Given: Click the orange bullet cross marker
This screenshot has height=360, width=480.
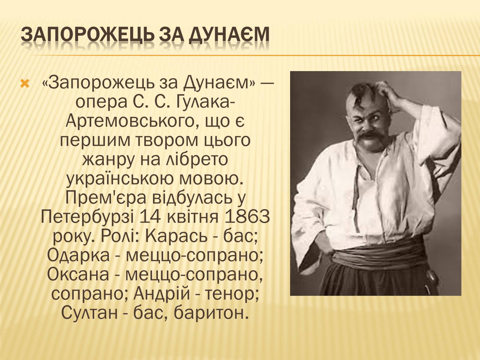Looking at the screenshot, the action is [x=25, y=84].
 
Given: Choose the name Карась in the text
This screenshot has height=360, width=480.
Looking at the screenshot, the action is [x=176, y=236].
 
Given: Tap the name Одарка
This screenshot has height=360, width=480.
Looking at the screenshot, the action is [x=78, y=256].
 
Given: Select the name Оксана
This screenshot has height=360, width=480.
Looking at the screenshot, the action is [x=78, y=275].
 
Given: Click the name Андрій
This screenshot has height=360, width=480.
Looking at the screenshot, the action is [x=162, y=294].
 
